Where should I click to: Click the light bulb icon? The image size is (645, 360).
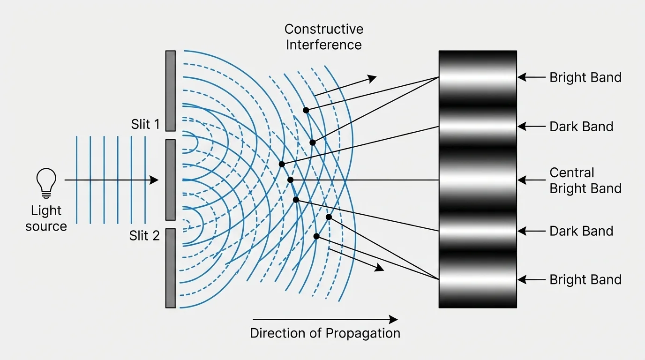point(46,183)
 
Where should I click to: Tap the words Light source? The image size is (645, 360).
point(46,218)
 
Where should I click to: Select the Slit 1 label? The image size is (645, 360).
point(145,124)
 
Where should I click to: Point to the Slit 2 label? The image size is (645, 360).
point(144,235)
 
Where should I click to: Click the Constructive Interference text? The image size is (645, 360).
point(324,37)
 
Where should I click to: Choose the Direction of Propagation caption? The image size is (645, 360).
point(325,333)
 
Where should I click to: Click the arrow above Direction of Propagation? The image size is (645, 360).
point(325,320)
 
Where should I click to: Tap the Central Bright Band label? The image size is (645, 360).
point(585,180)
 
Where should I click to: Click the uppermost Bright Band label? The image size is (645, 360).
point(585,77)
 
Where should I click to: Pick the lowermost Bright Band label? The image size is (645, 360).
point(585,279)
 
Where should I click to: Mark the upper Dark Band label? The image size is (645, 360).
point(581,127)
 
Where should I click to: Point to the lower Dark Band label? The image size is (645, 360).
point(581,231)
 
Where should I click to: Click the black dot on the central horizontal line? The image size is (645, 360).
point(290,180)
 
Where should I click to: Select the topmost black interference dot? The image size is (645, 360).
point(306,110)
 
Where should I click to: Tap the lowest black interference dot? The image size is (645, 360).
point(316,236)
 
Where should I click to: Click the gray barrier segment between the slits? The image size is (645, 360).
point(170,180)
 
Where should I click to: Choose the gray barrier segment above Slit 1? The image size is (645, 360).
point(170,90)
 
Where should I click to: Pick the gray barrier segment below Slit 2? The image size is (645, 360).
point(170,268)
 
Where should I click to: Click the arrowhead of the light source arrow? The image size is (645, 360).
point(154,180)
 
